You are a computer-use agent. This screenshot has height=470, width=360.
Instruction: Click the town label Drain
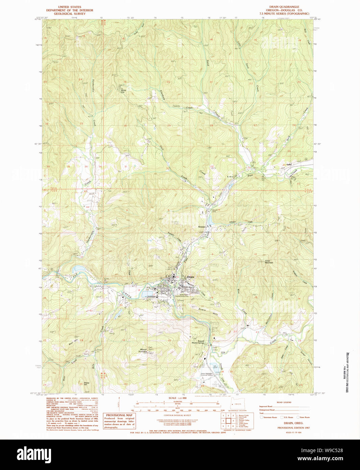[x=191, y=277]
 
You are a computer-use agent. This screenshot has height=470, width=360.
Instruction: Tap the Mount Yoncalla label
[x=143, y=351]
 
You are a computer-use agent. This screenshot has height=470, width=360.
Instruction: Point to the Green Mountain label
[x=269, y=261]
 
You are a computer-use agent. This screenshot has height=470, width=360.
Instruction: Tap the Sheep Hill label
[x=87, y=384]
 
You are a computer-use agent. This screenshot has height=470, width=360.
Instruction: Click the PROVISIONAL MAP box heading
[x=119, y=415]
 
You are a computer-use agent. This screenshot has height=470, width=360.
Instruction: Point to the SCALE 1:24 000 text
[x=177, y=398]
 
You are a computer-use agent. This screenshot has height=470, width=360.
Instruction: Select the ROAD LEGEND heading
[x=284, y=402]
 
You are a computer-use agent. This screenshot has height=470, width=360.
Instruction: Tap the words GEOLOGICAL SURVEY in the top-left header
[x=70, y=14]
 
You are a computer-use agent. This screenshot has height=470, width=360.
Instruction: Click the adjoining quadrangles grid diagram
[x=229, y=421]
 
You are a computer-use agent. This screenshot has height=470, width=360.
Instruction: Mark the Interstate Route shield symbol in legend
[x=261, y=417]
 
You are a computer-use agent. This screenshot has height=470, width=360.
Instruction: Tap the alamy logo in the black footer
[x=34, y=454]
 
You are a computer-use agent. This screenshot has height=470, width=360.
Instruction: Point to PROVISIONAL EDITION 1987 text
[x=293, y=428]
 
